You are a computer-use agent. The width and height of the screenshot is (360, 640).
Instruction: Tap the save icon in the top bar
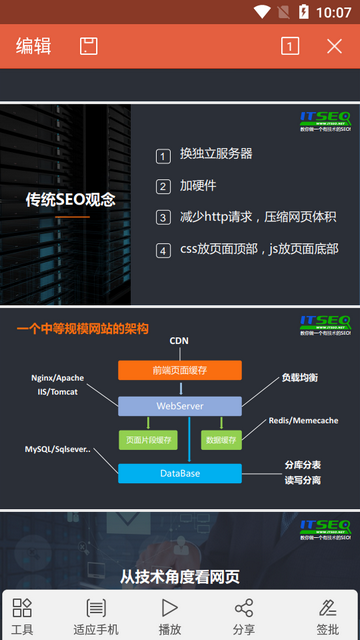point(89,46)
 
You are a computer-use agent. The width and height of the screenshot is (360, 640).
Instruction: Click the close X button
point(335,46)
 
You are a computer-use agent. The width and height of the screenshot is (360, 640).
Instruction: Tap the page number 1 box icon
point(290,46)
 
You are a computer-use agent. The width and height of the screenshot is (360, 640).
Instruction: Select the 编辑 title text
point(33,46)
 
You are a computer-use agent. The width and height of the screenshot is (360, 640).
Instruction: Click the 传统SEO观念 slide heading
point(71,199)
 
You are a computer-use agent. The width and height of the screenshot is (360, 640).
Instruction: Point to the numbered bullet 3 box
point(164,218)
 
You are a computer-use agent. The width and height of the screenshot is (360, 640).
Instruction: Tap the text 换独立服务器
point(216,154)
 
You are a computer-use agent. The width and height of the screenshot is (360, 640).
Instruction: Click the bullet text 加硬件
point(198,186)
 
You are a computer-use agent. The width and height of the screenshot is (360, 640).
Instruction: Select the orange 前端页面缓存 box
point(180,370)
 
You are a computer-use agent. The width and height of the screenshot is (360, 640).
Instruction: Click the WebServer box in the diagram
point(180,406)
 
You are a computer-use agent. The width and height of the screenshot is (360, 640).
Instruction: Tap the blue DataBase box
point(180,472)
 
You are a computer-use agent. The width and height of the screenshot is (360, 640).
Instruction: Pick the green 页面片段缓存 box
point(146,439)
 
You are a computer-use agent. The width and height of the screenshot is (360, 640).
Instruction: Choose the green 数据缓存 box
point(220,439)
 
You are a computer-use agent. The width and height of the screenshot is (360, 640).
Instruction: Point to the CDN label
point(179,341)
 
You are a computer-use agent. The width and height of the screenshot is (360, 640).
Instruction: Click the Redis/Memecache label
point(303,421)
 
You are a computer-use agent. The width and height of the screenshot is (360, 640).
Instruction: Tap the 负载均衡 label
point(300,378)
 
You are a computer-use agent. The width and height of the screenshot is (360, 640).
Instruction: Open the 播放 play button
point(170,615)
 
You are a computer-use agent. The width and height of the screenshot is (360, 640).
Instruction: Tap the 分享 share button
point(243,615)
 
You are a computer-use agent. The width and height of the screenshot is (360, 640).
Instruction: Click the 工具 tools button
point(22,615)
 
